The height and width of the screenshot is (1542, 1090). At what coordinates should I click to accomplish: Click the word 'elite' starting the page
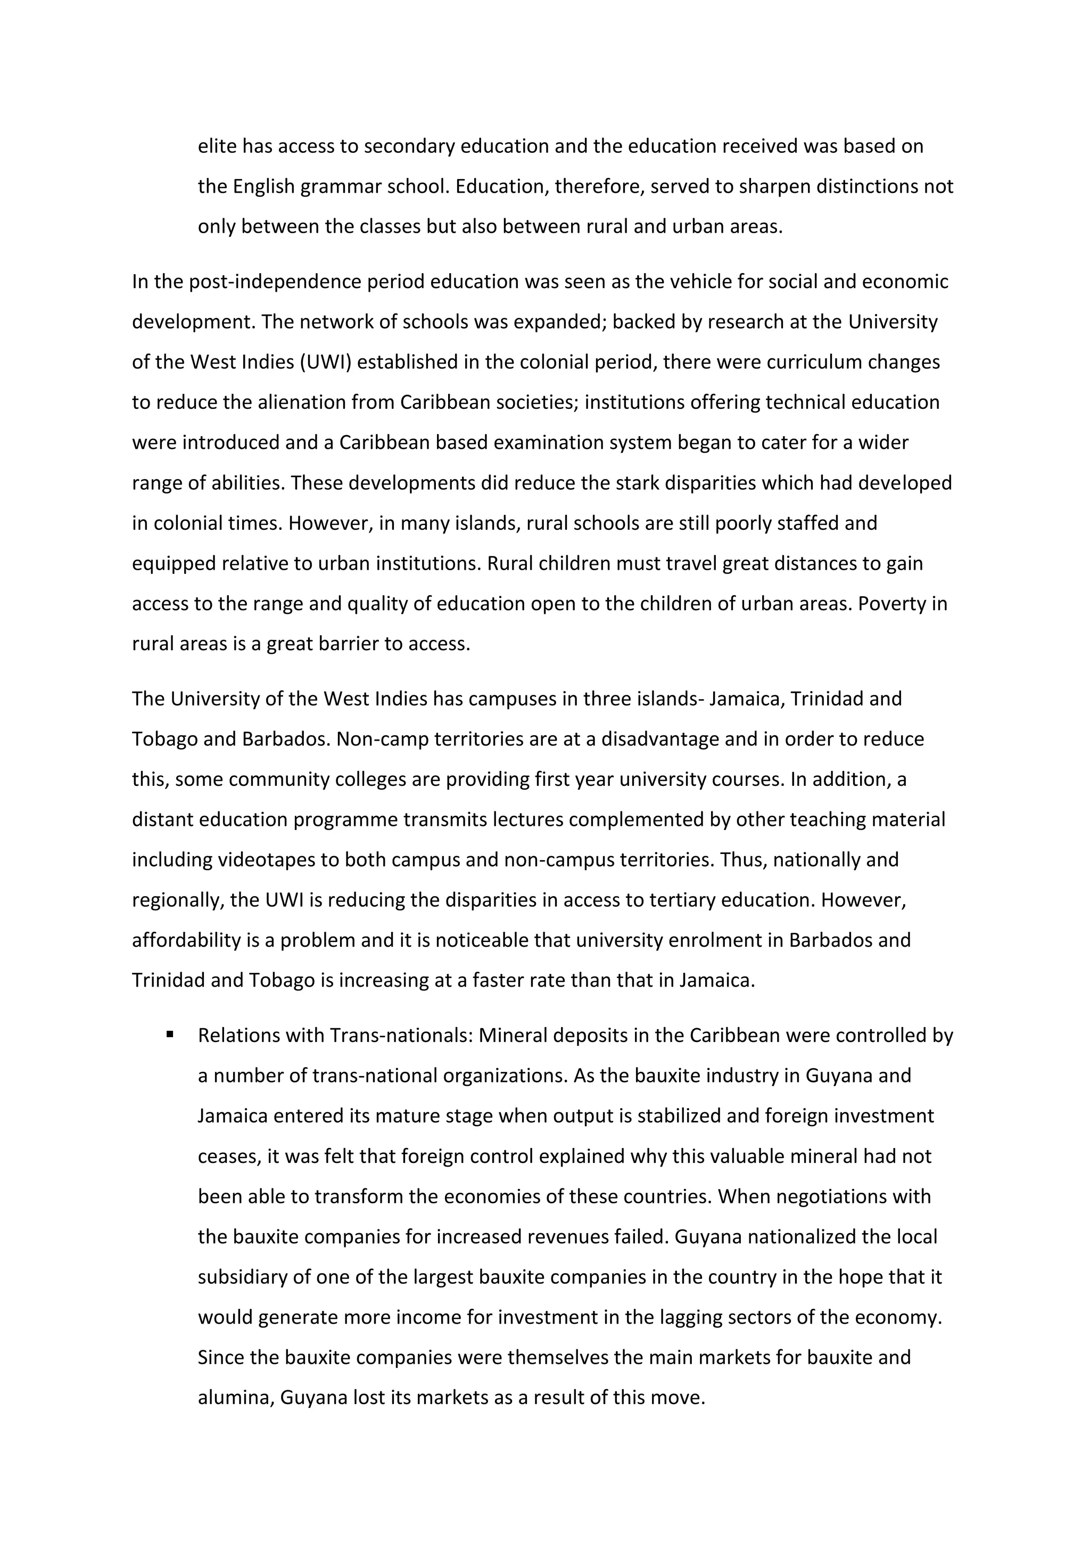217,146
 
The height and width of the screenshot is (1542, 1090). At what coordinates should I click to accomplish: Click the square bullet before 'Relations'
170,1035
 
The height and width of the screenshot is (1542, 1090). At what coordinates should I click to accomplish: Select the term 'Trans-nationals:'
401,1036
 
